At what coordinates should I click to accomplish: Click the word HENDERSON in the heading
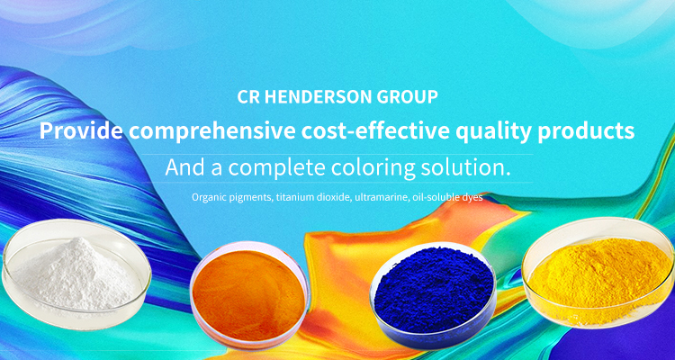[x=318, y=97]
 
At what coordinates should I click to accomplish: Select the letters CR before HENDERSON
[x=248, y=97]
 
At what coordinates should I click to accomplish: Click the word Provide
[x=81, y=130]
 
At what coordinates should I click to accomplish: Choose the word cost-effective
[x=377, y=130]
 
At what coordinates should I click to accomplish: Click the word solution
[x=465, y=167]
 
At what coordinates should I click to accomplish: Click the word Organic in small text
[x=206, y=198]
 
